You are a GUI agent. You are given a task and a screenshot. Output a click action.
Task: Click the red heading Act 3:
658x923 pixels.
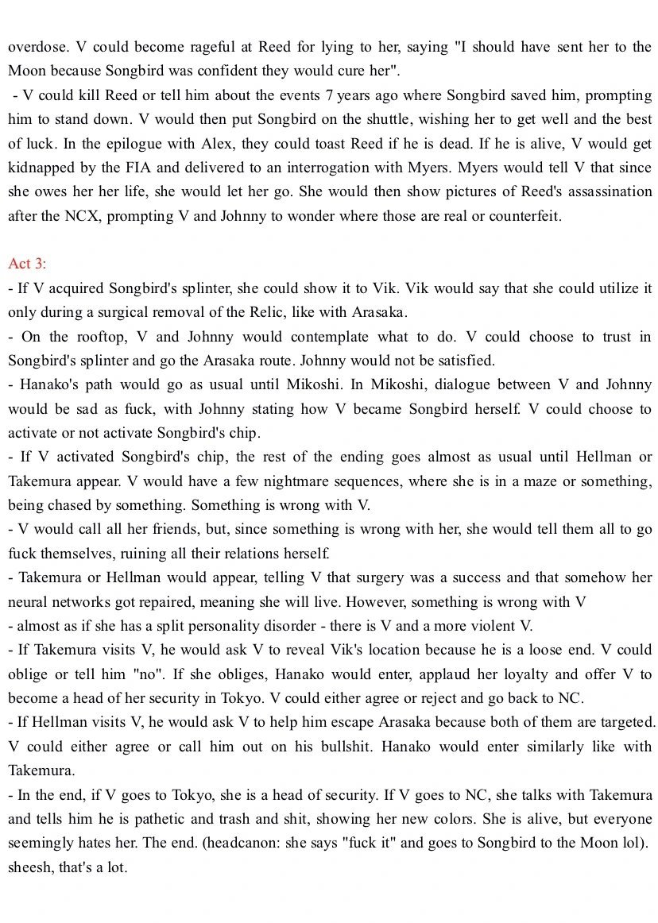(28, 264)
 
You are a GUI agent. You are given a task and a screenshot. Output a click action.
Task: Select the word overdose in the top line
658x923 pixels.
(35, 47)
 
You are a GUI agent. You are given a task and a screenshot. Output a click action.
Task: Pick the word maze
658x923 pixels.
(510, 481)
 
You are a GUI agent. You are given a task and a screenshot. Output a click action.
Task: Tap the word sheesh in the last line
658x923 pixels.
(30, 867)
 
